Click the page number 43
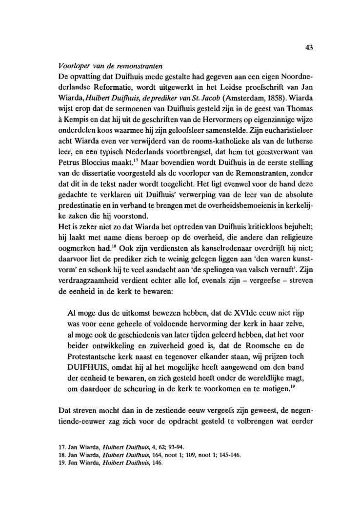point(308,48)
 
